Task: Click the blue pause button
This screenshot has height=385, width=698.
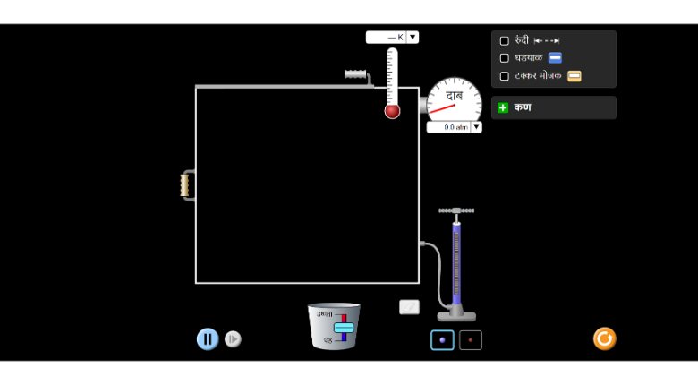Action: click(x=208, y=339)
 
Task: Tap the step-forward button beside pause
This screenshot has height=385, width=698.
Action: click(x=233, y=339)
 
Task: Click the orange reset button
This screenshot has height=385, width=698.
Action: click(x=604, y=338)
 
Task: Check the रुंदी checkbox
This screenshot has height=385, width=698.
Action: click(x=505, y=41)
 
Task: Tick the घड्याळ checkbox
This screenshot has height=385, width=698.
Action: click(x=505, y=58)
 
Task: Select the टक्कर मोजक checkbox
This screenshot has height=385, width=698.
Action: click(x=505, y=76)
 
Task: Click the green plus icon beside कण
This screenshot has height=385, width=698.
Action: click(x=503, y=107)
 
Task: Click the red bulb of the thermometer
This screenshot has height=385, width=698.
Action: click(x=392, y=111)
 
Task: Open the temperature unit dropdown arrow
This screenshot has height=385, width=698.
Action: click(x=413, y=38)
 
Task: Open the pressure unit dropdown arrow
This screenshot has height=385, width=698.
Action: click(x=476, y=127)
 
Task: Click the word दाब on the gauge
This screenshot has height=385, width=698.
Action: click(x=455, y=95)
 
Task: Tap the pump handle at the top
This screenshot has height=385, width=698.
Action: click(x=456, y=210)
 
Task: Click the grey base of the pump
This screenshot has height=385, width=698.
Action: click(x=456, y=314)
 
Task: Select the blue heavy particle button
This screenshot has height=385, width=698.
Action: click(x=442, y=340)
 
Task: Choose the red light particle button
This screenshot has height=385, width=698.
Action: click(x=471, y=340)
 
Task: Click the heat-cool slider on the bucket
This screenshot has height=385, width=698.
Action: click(x=344, y=327)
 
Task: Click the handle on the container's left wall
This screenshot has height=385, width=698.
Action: click(x=185, y=185)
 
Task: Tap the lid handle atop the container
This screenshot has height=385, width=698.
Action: click(x=356, y=74)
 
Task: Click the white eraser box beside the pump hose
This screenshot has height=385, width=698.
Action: click(x=409, y=307)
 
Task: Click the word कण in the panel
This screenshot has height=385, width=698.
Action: click(x=523, y=107)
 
